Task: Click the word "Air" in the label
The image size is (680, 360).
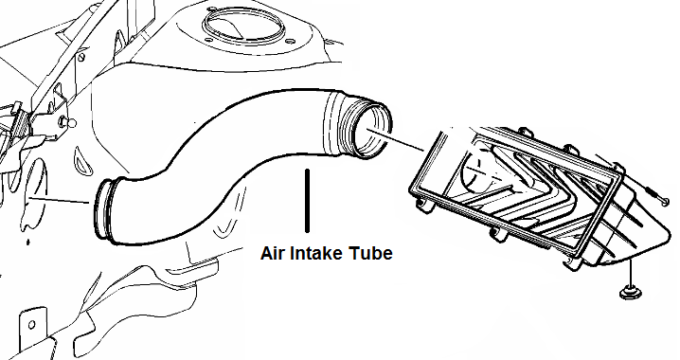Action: pyautogui.click(x=274, y=254)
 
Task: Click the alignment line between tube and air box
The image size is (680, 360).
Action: pyautogui.click(x=407, y=144)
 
